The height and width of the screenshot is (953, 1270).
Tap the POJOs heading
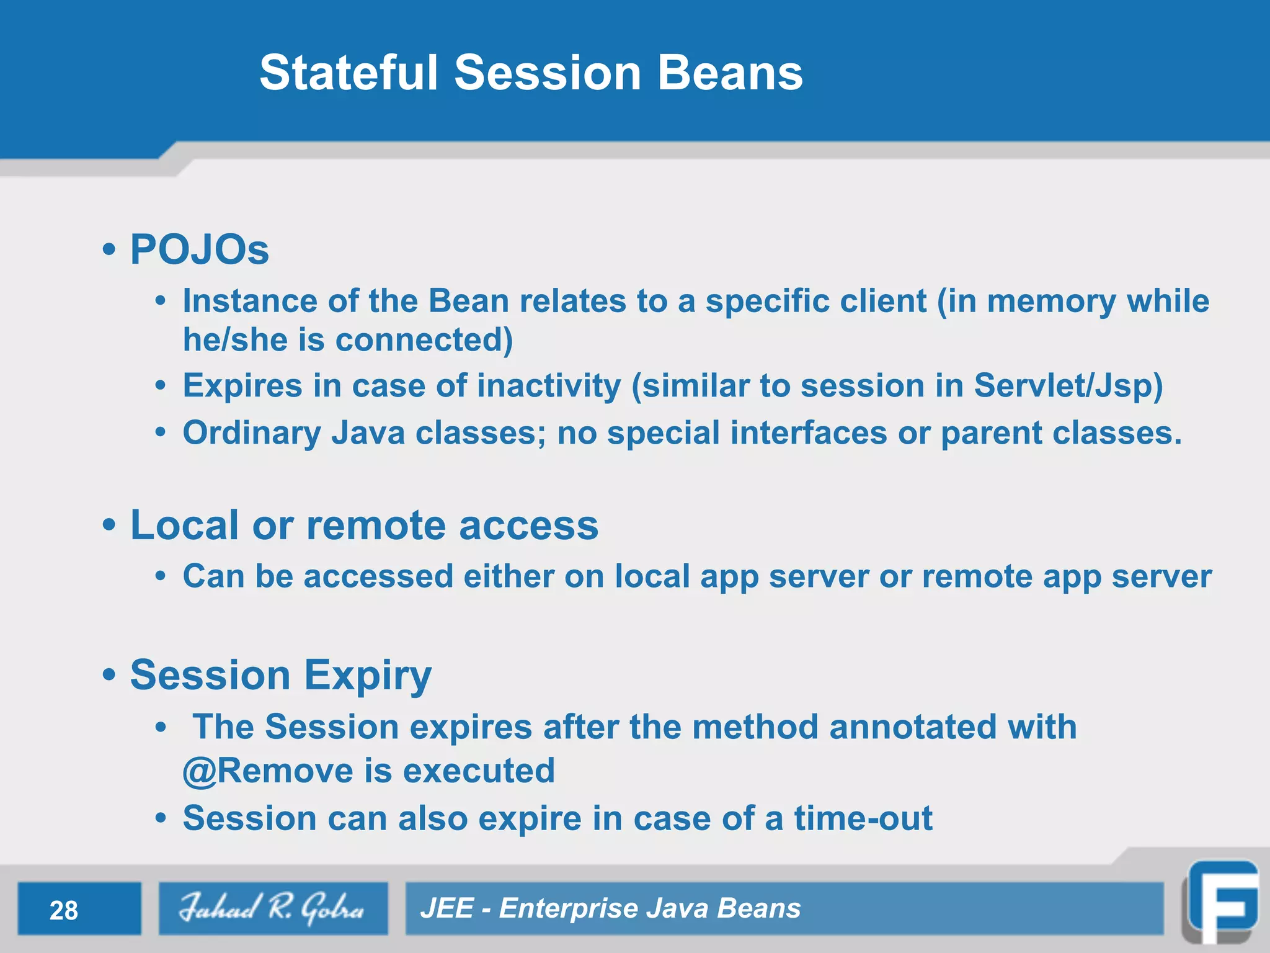pyautogui.click(x=199, y=249)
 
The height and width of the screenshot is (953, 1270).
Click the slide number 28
pyautogui.click(x=64, y=910)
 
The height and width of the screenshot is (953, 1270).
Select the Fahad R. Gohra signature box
pyautogui.click(x=273, y=908)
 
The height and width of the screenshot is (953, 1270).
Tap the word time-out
pyautogui.click(x=863, y=818)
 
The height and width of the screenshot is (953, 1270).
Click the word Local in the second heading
pyautogui.click(x=185, y=526)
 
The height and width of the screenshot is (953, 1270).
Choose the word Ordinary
pyautogui.click(x=251, y=433)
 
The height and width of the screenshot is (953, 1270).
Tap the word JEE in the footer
pyautogui.click(x=446, y=908)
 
